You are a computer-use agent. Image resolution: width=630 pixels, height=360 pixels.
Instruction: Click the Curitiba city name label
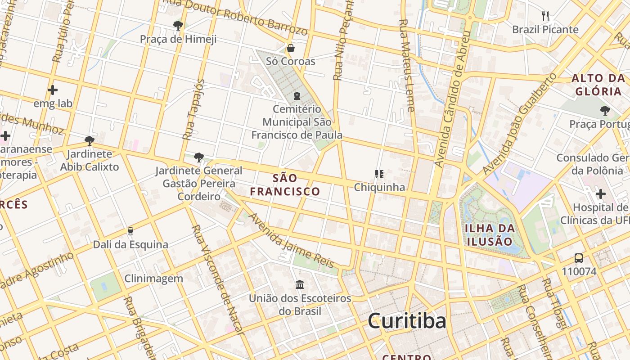point(407,321)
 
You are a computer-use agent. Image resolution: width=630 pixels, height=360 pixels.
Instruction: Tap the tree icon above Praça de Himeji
point(178,25)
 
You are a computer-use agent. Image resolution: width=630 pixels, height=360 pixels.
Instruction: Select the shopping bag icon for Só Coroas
point(291,48)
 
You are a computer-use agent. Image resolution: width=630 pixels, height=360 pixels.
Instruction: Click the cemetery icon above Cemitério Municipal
point(297,95)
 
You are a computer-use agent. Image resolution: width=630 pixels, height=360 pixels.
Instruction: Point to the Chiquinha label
point(379,187)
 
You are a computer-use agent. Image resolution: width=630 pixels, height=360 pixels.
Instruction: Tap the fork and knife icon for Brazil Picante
point(545,16)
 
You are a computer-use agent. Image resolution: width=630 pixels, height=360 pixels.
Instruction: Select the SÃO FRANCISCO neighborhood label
point(285,185)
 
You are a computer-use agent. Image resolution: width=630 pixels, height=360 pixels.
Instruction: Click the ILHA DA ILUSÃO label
point(490,234)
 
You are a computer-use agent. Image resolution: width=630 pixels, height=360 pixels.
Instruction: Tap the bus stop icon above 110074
point(579,258)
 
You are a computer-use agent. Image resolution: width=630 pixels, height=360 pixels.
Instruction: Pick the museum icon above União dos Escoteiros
point(300,284)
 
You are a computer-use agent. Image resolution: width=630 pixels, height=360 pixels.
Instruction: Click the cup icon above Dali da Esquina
point(130,231)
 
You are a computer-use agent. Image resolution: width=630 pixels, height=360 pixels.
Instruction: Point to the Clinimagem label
point(154,279)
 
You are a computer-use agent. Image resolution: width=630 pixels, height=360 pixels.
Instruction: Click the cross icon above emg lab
point(53,90)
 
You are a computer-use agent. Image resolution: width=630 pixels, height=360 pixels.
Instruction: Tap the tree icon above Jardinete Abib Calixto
point(90,140)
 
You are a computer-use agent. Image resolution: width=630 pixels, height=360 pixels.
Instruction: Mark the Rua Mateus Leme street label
point(406,65)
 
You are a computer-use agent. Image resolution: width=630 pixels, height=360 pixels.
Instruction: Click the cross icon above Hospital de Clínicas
point(601,194)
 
